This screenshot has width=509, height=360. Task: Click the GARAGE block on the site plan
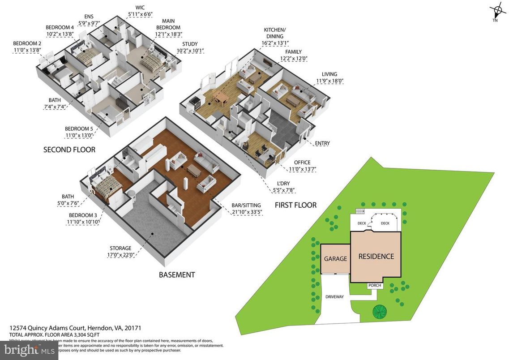point(335,259)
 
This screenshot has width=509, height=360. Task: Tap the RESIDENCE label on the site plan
point(376,257)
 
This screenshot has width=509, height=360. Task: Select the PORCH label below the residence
point(374,286)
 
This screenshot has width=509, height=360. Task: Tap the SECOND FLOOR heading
point(69,150)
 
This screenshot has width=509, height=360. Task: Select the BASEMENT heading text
point(177,274)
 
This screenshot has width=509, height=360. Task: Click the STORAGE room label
point(121,248)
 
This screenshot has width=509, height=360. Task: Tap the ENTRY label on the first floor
point(322,143)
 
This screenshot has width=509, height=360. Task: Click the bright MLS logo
point(29,350)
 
